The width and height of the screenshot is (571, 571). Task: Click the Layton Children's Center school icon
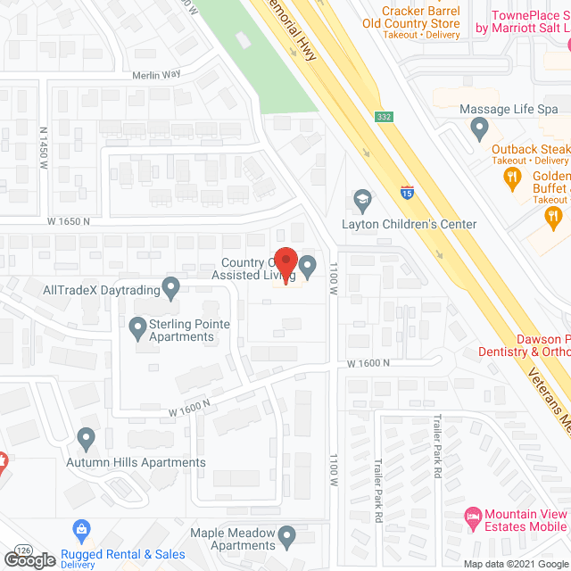coord(362,198)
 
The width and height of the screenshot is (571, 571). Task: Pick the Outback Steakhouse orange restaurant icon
coord(511,178)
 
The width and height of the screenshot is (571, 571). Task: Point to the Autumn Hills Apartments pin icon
coord(87,439)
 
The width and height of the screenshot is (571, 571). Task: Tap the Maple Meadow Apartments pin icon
coord(287,537)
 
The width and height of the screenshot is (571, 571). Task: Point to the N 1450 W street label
coord(43,143)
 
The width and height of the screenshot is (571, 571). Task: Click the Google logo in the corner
coord(29,559)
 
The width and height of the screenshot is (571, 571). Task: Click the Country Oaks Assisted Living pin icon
coord(308,265)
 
